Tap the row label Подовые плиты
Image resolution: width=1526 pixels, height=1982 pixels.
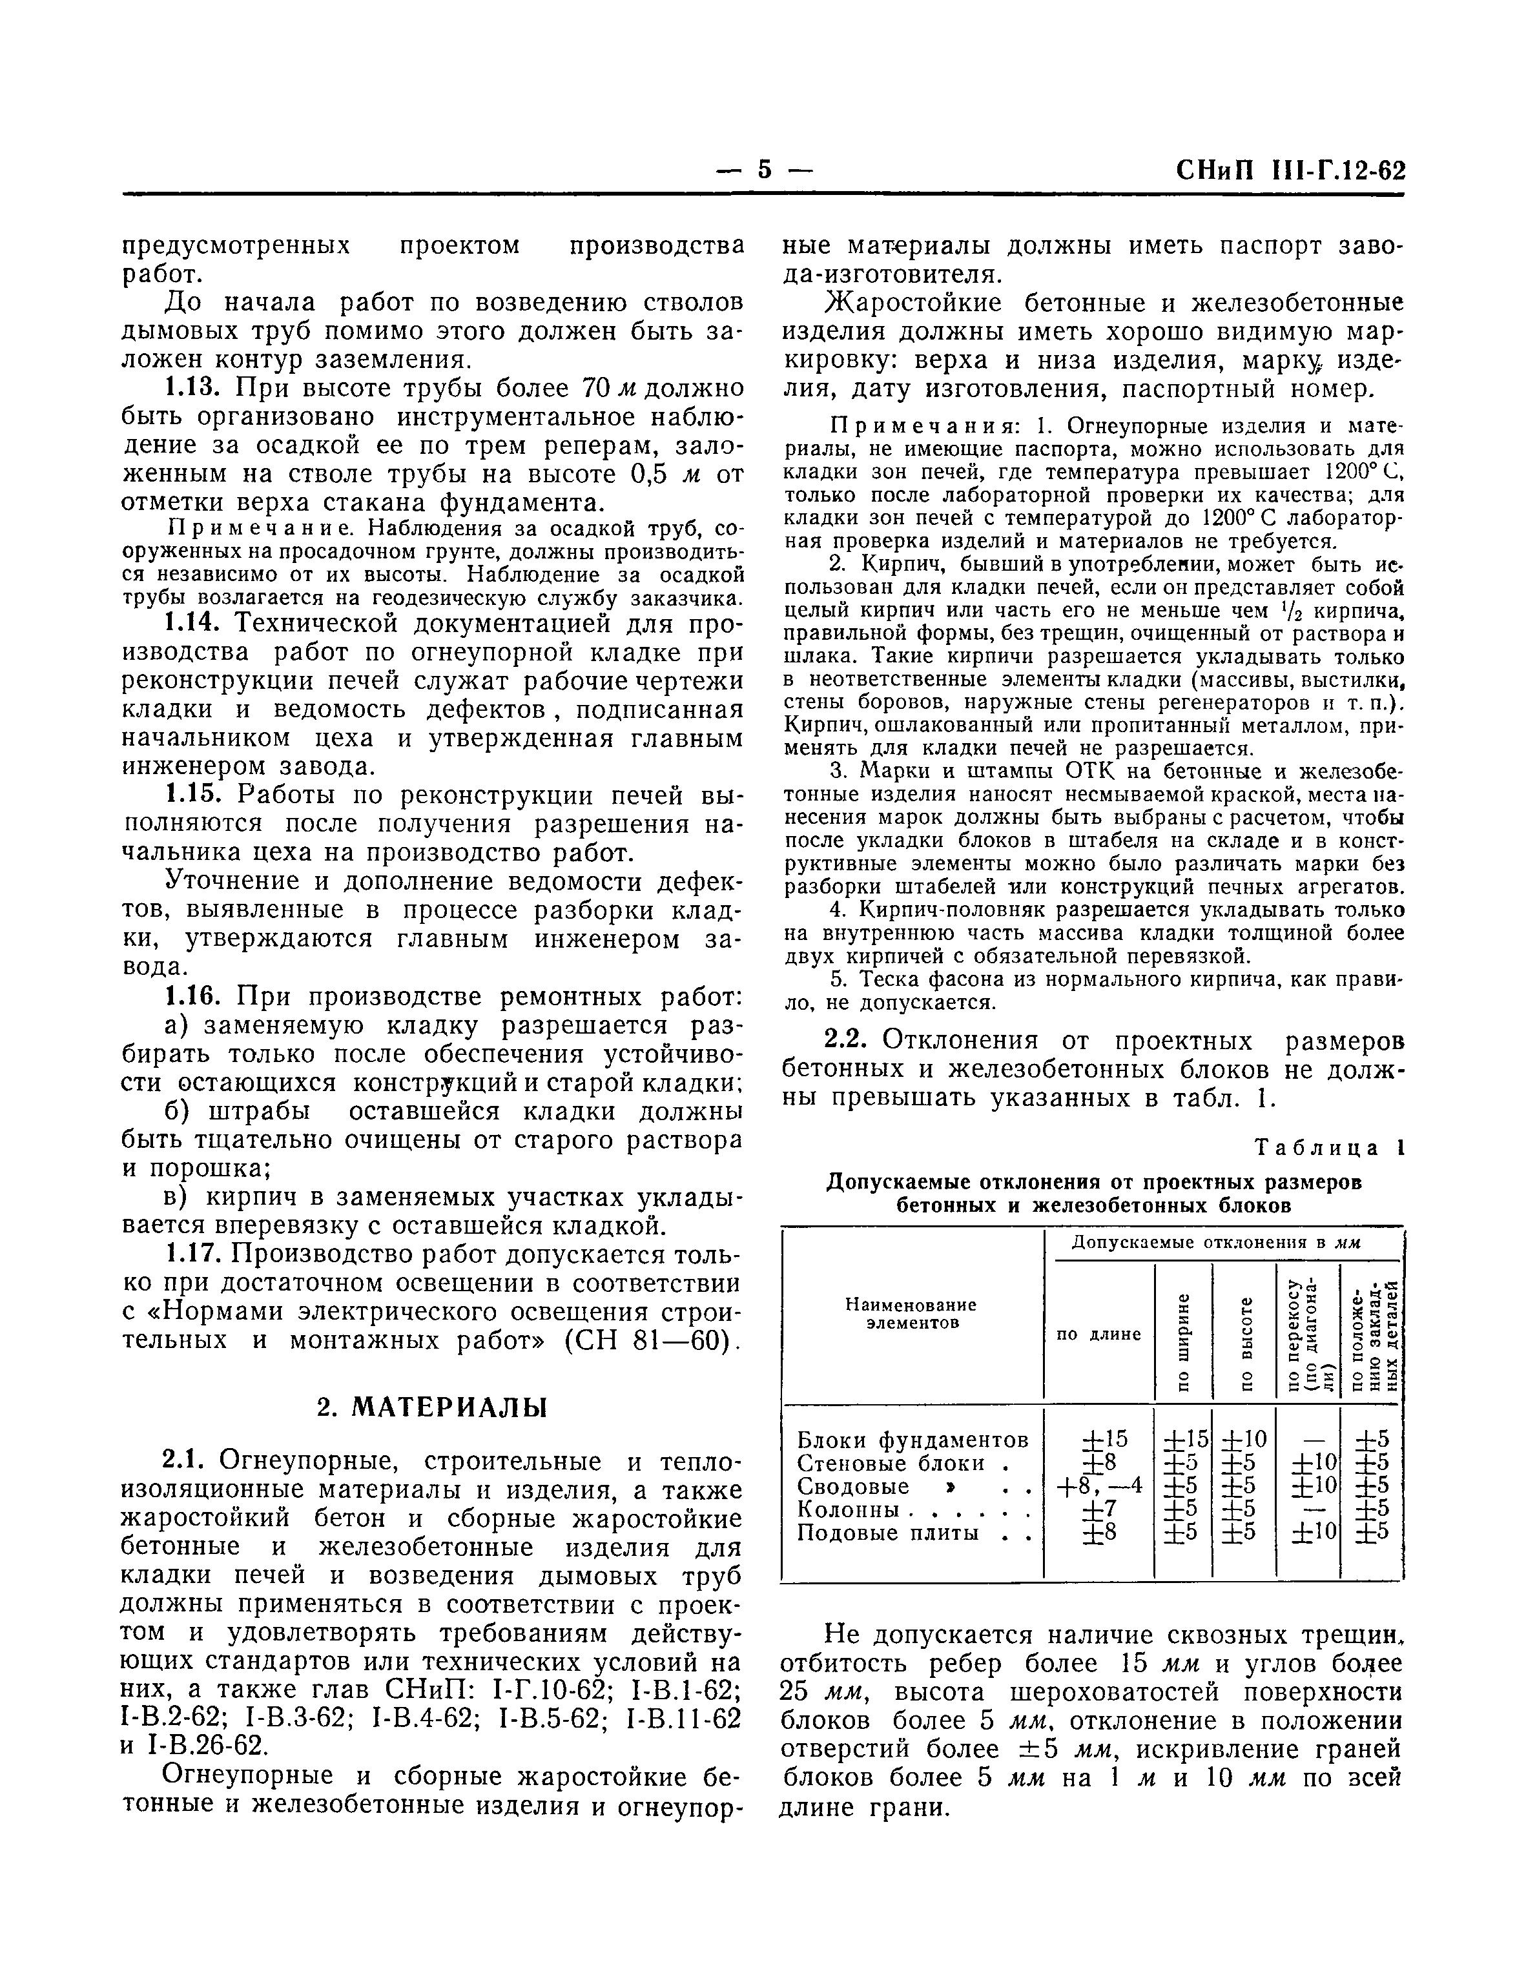[888, 1533]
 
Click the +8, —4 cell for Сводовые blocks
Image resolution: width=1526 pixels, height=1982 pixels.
[1098, 1486]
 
